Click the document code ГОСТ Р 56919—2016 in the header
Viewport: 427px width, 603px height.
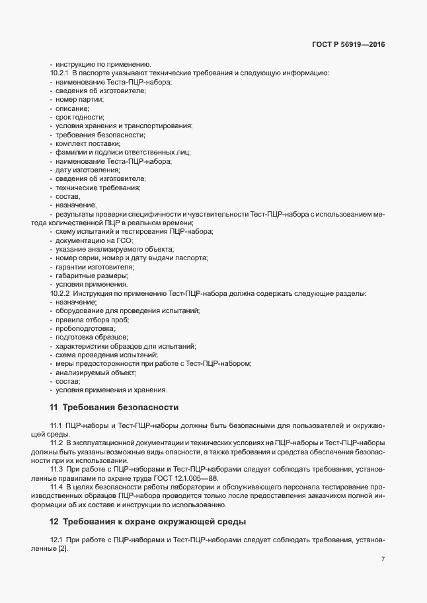(x=348, y=44)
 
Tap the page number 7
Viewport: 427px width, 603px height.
(x=383, y=559)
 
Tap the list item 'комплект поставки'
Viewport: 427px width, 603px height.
(x=88, y=143)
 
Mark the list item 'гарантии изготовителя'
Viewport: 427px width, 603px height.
(x=90, y=267)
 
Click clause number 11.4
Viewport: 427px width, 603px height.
(x=56, y=487)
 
